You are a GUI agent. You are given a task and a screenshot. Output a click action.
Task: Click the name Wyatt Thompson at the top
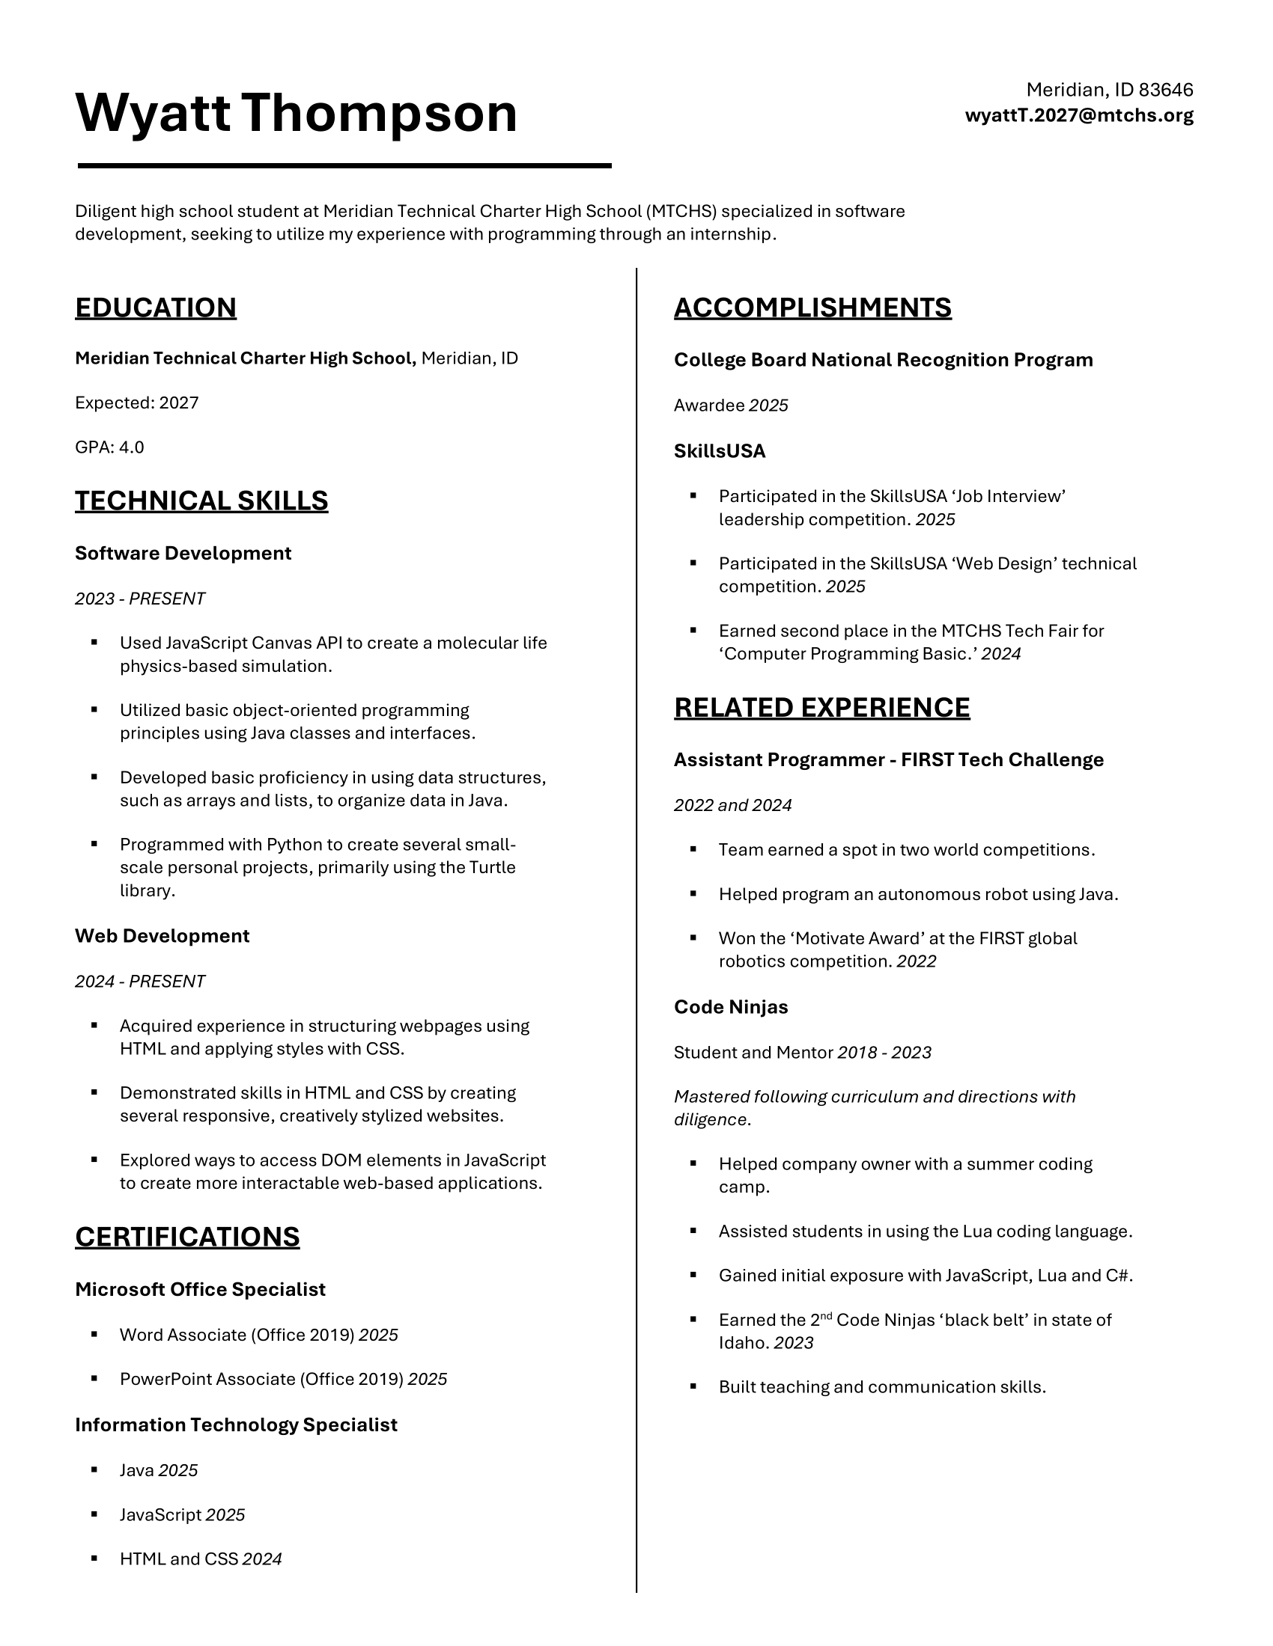[297, 113]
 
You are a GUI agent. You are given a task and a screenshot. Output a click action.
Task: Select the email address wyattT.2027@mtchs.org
[1078, 115]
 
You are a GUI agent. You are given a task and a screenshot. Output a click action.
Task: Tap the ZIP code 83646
[1166, 90]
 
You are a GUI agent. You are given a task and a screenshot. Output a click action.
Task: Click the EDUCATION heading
[155, 308]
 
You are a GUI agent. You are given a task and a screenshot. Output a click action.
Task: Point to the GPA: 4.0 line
[109, 447]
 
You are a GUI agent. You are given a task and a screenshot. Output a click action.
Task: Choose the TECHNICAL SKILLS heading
[201, 501]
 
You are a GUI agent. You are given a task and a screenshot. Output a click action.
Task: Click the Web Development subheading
[162, 935]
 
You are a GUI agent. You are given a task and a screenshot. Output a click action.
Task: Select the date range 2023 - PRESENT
[139, 599]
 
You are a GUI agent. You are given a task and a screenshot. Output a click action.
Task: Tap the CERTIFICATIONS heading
[187, 1237]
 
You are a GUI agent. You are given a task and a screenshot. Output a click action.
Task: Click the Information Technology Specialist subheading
[236, 1425]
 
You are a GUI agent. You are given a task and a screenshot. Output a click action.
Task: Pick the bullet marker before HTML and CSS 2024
[94, 1558]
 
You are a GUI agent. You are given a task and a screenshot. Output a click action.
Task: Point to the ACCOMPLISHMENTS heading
[812, 308]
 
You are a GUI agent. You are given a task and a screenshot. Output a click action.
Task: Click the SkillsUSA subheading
[720, 450]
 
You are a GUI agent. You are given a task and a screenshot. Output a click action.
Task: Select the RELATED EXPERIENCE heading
[822, 707]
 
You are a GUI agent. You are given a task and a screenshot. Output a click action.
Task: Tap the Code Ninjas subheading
[731, 1007]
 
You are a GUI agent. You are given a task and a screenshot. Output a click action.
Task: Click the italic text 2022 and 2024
[732, 805]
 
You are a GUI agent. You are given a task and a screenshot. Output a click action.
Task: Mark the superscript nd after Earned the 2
[826, 1315]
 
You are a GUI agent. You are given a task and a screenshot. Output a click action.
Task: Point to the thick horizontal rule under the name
[344, 165]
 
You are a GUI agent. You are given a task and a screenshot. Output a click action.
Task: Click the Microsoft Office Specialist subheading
[200, 1290]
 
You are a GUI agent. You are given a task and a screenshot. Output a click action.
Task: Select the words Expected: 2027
[136, 403]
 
